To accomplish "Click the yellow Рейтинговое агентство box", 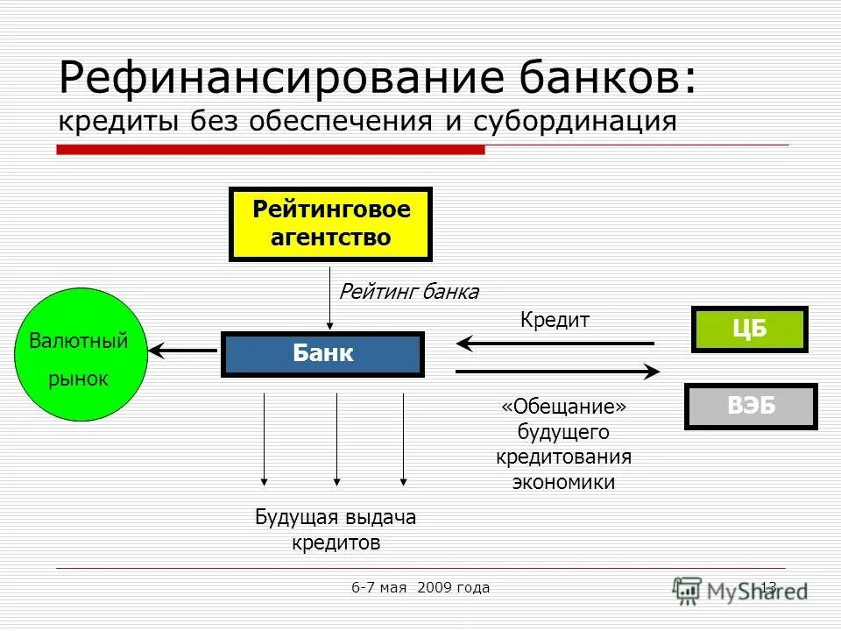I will click(330, 224).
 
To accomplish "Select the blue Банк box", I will click(322, 354).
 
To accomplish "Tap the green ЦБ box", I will click(749, 330).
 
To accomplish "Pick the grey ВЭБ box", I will click(750, 406).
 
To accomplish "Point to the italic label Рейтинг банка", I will click(408, 292).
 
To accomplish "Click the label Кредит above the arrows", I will click(555, 321).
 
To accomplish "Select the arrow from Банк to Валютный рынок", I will click(183, 351).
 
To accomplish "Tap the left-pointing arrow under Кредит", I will click(555, 343).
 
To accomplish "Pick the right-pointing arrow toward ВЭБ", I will click(557, 372).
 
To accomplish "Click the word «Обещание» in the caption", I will click(564, 408).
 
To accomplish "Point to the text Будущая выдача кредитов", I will click(336, 529).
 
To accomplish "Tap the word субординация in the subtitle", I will click(575, 121).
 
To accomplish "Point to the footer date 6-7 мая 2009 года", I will click(420, 587).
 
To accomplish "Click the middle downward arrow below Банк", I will click(336, 438).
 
